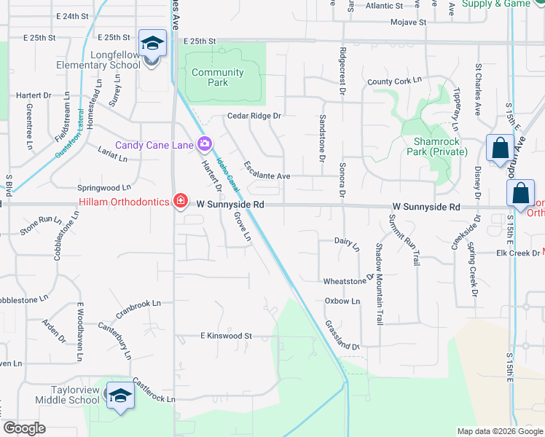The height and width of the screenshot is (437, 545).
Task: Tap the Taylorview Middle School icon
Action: [x=119, y=395]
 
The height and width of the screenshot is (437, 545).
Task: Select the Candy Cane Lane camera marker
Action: [x=204, y=144]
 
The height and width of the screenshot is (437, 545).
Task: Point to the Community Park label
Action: [x=217, y=77]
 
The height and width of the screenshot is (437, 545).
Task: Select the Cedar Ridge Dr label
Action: [x=254, y=116]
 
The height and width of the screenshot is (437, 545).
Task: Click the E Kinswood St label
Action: [x=227, y=336]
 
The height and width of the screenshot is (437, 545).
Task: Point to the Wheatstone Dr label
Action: [x=348, y=280]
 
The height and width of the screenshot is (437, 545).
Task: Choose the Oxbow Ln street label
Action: [x=342, y=301]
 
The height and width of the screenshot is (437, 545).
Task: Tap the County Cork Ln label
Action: [x=395, y=82]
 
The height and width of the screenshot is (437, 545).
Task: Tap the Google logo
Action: [x=25, y=428]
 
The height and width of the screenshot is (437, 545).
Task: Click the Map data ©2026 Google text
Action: [x=499, y=431]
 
